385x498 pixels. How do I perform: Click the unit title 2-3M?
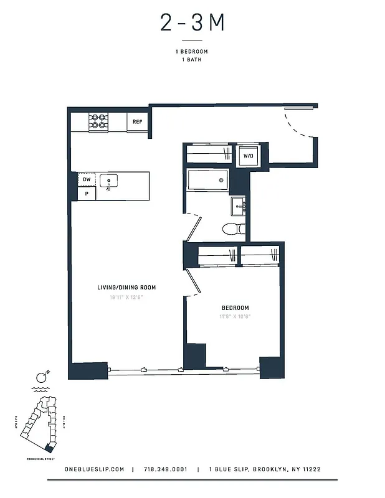[192, 23]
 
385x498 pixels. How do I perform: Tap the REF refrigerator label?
[138, 122]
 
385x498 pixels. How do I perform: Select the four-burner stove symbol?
[98, 121]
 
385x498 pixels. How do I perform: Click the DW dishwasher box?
[86, 180]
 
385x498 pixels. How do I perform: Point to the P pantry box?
[86, 194]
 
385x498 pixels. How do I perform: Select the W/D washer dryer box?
[248, 156]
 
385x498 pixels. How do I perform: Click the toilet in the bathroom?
[233, 228]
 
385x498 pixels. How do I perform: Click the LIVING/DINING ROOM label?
[126, 288]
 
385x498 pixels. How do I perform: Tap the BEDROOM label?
[235, 308]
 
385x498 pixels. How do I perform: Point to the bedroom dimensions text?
[235, 317]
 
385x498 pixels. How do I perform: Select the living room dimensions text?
[126, 297]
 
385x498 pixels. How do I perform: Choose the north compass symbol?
[42, 377]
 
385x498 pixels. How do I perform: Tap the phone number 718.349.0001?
[165, 469]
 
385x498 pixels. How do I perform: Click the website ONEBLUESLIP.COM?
[95, 469]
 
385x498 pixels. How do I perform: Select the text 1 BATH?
[192, 60]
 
